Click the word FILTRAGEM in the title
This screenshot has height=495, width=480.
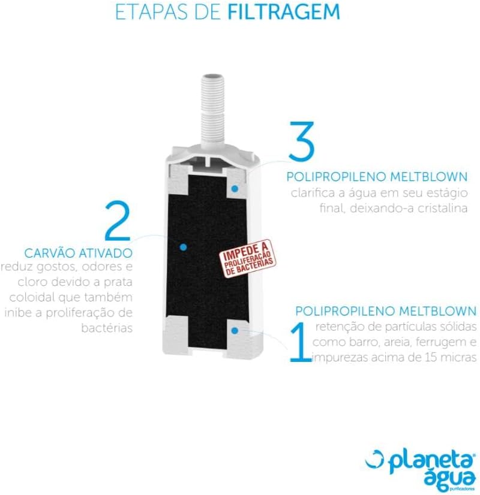pos(284,11)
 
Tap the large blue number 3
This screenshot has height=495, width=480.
pos(301,140)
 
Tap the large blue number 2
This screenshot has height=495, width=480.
pos(118,221)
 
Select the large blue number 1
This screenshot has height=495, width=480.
pos(299,342)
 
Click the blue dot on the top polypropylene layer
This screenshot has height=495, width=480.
pos(235,189)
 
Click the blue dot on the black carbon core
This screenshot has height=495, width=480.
pos(182,247)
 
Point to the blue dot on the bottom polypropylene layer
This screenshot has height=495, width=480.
pos(235,331)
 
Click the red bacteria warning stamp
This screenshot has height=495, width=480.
pos(248,259)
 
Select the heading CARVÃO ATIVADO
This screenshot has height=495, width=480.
pos(79,253)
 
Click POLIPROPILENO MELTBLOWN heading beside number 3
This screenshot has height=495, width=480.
pos(377,177)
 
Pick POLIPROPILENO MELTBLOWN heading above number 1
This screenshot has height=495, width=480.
pos(386,311)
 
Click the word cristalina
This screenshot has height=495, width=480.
pos(442,209)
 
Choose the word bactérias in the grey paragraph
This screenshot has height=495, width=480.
pos(107,328)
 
